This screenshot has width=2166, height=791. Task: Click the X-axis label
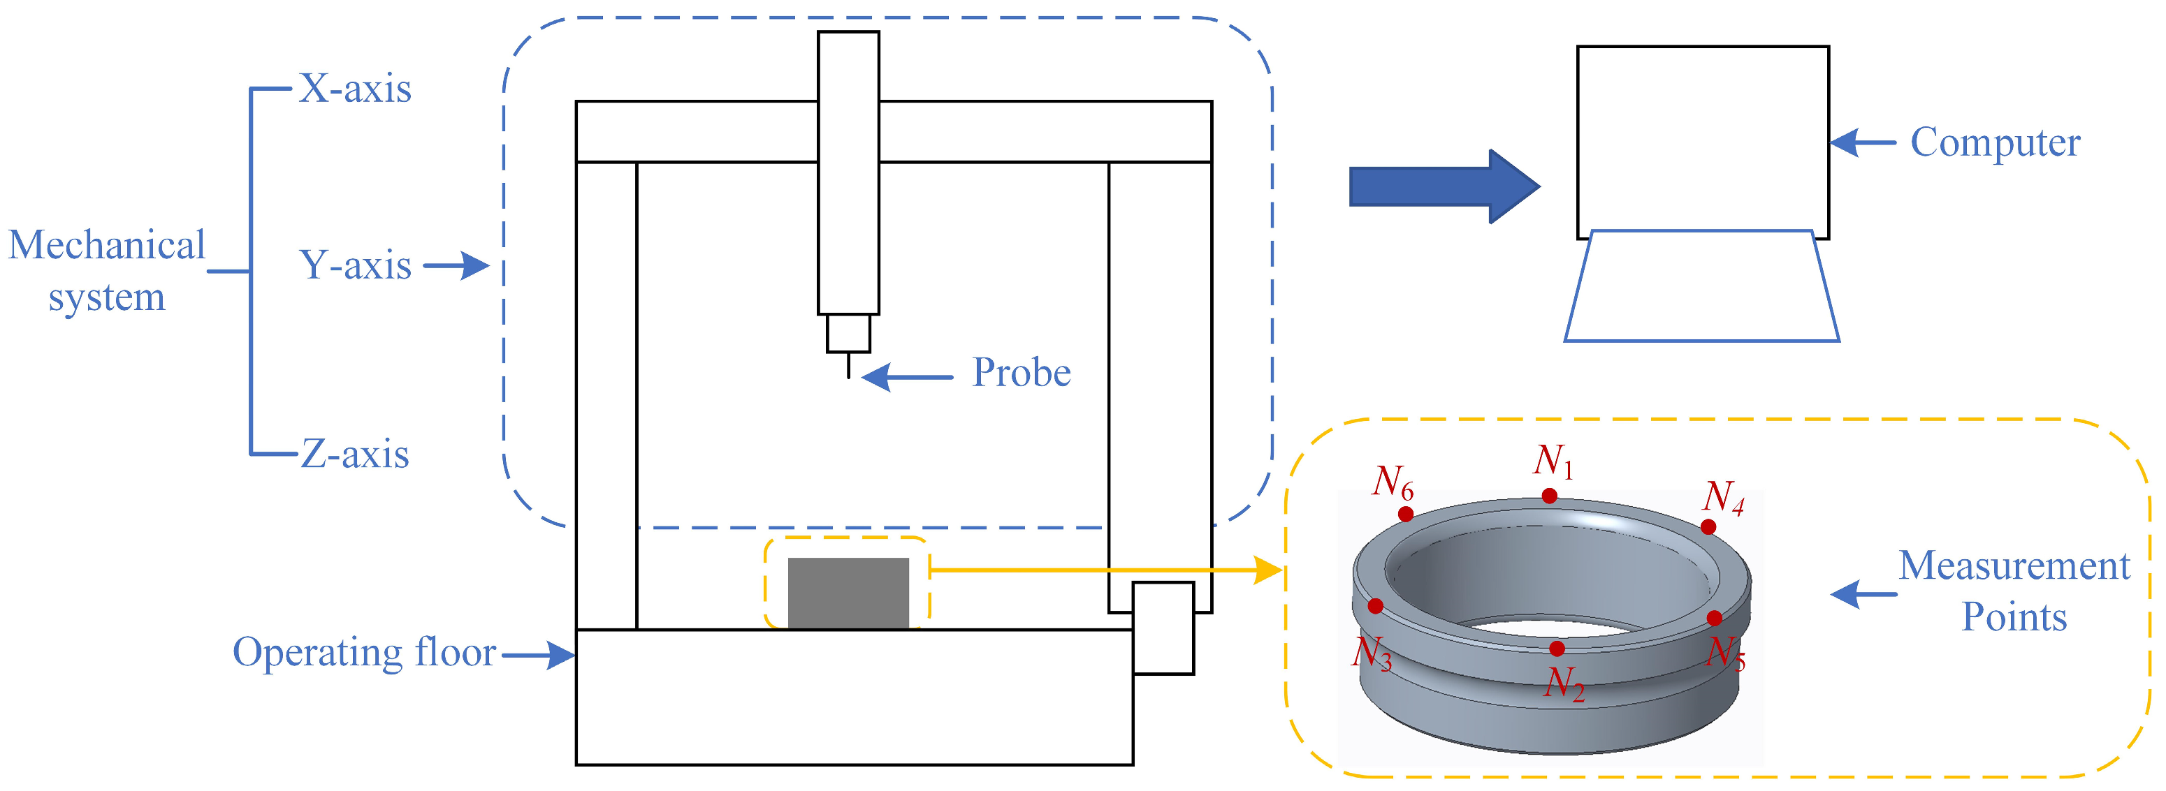[x=355, y=88]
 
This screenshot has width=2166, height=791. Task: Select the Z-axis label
[x=355, y=454]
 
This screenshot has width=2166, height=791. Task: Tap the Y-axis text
[x=355, y=265]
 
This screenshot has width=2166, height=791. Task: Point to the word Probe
[x=1021, y=372]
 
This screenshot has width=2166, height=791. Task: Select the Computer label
[x=1995, y=142]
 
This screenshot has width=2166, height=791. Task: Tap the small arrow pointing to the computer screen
[x=1863, y=142]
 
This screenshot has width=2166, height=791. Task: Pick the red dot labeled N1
[x=1549, y=496]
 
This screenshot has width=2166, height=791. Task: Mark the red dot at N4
[x=1708, y=527]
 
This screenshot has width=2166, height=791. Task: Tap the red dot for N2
[x=1557, y=648]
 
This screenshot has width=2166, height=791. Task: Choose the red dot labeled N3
[x=1376, y=605]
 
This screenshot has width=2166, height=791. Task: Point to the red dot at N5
[x=1715, y=618]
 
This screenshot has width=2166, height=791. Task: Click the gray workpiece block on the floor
[x=848, y=593]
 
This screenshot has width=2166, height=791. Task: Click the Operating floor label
[x=364, y=652]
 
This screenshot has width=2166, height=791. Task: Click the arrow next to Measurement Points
[x=1863, y=594]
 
